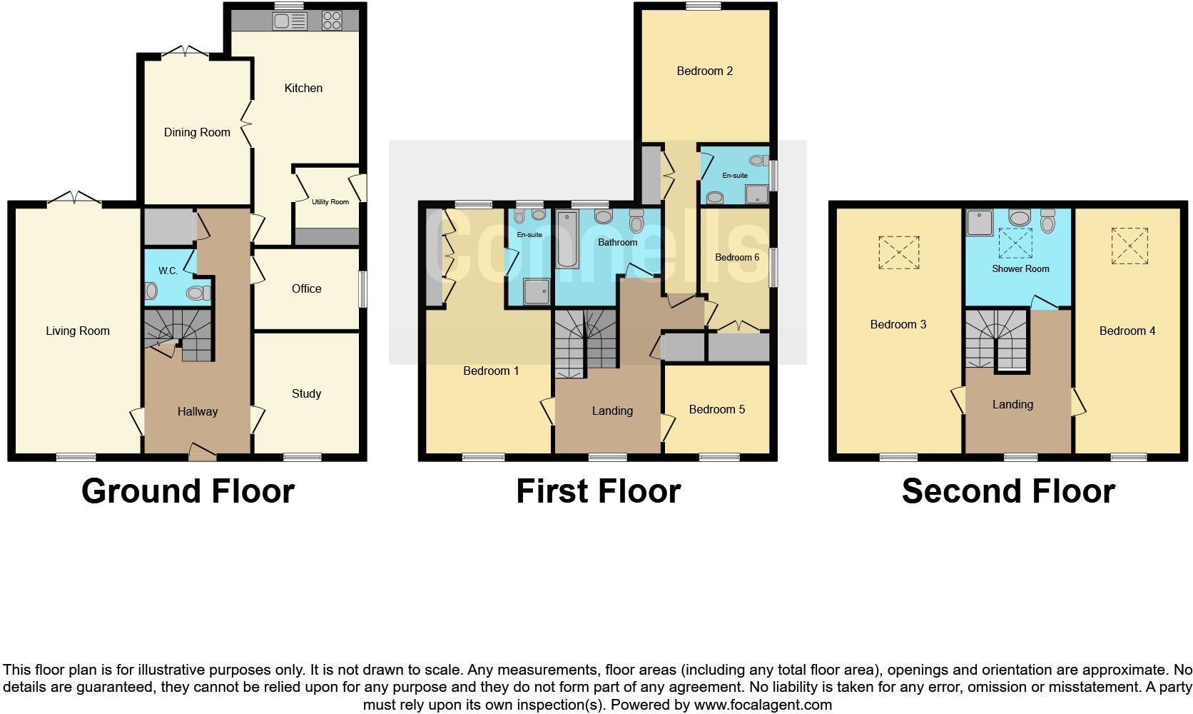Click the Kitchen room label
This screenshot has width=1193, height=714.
coord(303,88)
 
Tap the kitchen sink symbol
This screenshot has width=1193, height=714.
coord(290,21)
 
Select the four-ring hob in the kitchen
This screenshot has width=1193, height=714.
coord(332,21)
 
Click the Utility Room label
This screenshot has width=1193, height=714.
coord(330,202)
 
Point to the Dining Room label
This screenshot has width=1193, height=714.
coord(197,132)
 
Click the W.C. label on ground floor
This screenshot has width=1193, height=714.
coord(168,271)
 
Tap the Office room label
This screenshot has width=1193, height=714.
coord(306,288)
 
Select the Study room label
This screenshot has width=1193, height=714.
coord(306,393)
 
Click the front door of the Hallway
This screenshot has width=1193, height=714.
coord(202,450)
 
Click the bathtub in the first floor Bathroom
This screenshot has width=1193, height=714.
coord(567,239)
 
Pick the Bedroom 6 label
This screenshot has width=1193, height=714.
coord(737,257)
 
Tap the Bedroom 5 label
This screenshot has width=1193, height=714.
coord(716,409)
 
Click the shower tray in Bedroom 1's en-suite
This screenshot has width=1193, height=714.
coord(537,291)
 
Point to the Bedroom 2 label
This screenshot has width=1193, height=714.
coord(704,71)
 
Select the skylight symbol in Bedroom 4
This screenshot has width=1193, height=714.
coord(1129,246)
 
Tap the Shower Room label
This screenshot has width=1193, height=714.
coord(1020,268)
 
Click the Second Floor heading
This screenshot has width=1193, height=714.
coord(1007,491)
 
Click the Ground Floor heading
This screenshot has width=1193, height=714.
coord(188,491)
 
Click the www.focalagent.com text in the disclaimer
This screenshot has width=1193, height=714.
coord(763,705)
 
